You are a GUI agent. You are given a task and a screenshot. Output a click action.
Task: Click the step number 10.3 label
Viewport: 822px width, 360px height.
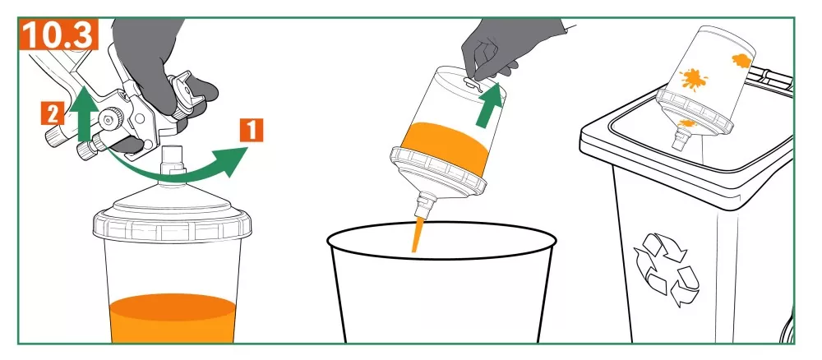58,35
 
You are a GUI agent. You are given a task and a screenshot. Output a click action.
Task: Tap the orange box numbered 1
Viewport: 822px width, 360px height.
251,130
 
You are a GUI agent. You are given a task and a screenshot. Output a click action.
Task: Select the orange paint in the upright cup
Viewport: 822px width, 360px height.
173,317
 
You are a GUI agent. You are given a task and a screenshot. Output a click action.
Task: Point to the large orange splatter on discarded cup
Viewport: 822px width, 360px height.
694,80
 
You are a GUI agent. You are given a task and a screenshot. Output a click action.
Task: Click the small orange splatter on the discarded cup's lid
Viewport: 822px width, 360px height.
686,123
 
